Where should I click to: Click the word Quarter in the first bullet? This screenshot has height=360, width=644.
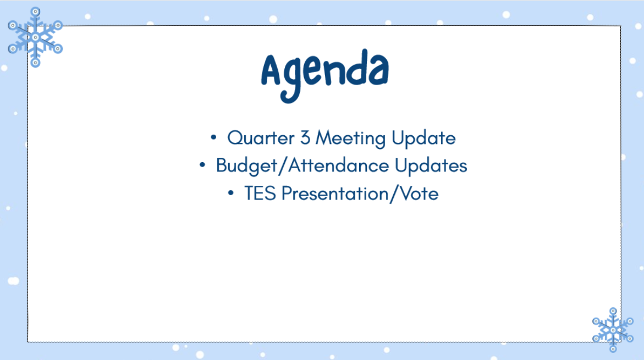pos(261,139)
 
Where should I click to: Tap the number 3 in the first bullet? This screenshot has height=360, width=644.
pos(305,138)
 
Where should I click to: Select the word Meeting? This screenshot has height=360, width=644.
pos(350,139)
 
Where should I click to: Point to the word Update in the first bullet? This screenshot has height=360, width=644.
pos(423,139)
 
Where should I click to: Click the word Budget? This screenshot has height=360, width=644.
pos(246,166)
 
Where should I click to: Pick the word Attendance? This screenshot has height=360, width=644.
pos(338,165)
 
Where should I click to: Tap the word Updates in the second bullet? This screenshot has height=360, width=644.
pos(431,166)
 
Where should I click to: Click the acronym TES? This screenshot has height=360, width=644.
pos(260,193)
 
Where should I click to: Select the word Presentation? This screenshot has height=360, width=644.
pos(335,193)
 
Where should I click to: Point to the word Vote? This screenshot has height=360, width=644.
pos(419,193)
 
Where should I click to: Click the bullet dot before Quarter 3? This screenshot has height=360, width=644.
pos(213,137)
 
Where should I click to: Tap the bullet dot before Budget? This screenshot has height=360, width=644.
pos(202,165)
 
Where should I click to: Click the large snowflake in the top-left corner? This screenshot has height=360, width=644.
pos(35,37)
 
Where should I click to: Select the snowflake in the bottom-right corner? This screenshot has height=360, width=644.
pos(613,330)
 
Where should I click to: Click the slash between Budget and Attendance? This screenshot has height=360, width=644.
pos(283,166)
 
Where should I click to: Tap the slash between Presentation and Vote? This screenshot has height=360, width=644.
pos(394,194)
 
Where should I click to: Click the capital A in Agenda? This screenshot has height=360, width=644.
pos(271,70)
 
